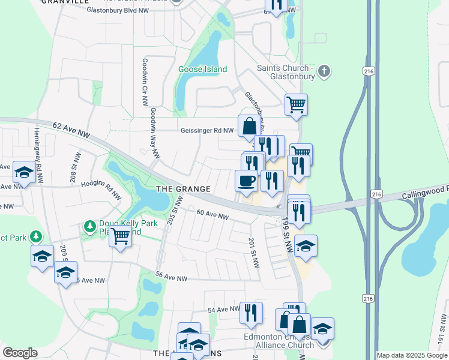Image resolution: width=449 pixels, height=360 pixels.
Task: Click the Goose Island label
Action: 202,69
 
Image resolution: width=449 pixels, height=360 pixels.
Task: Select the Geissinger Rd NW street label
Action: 208,130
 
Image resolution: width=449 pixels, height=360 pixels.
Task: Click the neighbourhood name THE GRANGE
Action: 183,189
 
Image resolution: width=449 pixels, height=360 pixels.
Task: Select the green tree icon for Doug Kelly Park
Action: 90,226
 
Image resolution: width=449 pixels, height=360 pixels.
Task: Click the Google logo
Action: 20,353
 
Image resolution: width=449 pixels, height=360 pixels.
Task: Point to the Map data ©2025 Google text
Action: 412,355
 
